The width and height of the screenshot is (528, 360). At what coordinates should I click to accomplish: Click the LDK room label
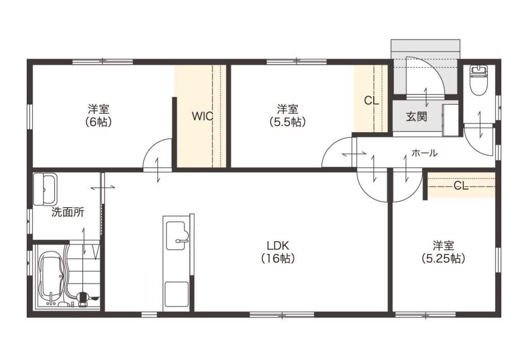click(x=278, y=252)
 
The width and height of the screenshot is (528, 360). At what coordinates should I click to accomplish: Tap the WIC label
click(x=202, y=116)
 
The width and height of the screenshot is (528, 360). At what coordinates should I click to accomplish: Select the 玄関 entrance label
click(x=416, y=116)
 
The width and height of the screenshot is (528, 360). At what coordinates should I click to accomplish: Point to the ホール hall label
click(x=424, y=153)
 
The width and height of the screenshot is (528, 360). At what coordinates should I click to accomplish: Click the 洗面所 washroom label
click(x=68, y=212)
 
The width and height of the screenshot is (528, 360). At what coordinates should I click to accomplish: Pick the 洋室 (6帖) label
click(x=98, y=115)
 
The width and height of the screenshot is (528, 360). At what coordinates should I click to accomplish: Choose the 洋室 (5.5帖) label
click(x=288, y=115)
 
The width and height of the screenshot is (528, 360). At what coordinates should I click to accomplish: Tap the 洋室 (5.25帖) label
click(x=443, y=252)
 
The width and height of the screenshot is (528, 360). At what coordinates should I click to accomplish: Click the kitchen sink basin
click(x=176, y=236)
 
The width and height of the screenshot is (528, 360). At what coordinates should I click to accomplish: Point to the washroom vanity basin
click(x=45, y=189)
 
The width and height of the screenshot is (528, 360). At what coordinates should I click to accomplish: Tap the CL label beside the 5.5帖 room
click(x=372, y=101)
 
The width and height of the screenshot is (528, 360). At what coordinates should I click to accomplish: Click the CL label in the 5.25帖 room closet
click(x=461, y=185)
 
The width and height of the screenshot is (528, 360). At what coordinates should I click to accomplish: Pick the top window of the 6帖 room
click(x=103, y=61)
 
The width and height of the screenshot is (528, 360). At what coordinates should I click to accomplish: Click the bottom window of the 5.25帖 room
click(x=425, y=315)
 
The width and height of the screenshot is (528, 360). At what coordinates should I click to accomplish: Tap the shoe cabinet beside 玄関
click(x=451, y=120)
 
